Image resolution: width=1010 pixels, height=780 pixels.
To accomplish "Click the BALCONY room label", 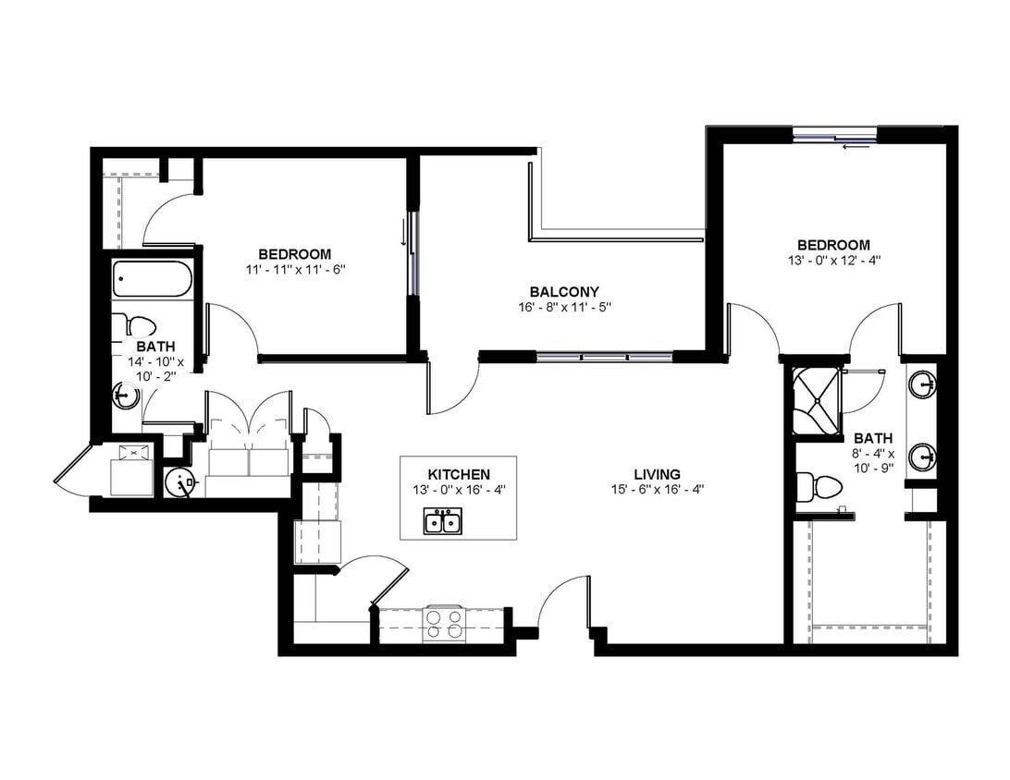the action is (564, 291).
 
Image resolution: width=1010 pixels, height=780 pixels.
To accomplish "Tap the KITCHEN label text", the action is (459, 474).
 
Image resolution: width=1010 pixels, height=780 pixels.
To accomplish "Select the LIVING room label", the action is (657, 475).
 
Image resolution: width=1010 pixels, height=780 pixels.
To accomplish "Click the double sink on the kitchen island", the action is (442, 520).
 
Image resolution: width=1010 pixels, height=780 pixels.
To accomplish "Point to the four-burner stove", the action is (443, 623).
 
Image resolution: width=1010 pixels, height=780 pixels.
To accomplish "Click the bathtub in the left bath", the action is (152, 279).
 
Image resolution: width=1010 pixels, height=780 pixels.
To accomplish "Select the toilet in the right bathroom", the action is (818, 487).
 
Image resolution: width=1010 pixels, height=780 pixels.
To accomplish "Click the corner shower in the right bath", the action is (816, 402).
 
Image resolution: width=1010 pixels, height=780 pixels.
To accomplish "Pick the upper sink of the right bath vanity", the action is (923, 385).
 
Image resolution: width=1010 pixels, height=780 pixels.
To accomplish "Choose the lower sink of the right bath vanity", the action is (923, 457).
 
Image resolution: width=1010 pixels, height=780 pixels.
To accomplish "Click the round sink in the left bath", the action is (125, 395).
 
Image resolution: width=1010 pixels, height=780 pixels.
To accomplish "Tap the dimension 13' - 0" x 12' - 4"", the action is (833, 261).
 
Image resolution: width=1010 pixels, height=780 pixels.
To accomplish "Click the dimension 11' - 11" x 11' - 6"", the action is (296, 270).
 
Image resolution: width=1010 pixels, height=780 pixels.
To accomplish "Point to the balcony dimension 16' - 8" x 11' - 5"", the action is (564, 307).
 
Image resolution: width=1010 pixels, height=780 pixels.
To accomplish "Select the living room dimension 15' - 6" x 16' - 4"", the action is (657, 490).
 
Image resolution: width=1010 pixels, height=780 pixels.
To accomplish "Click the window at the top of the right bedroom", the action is (834, 135).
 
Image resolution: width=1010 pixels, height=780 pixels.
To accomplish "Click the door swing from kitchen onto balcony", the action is (453, 388).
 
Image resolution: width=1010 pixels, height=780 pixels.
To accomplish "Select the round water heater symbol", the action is (179, 482).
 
